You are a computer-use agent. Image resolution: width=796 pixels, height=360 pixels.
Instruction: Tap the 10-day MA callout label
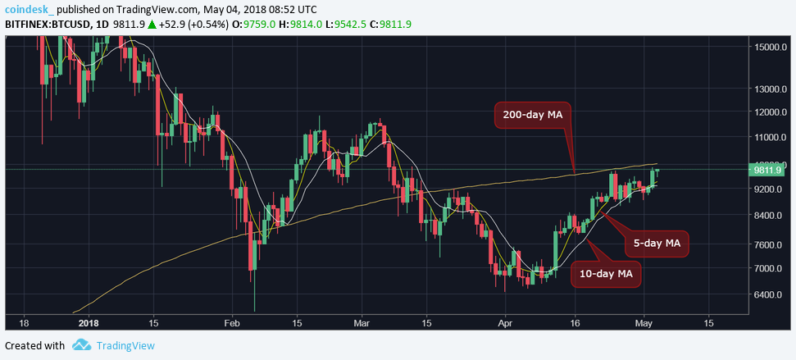(x=606, y=272)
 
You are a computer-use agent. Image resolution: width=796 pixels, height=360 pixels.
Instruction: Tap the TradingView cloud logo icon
(x=80, y=346)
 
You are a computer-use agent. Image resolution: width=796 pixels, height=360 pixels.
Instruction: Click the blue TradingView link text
(x=125, y=346)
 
